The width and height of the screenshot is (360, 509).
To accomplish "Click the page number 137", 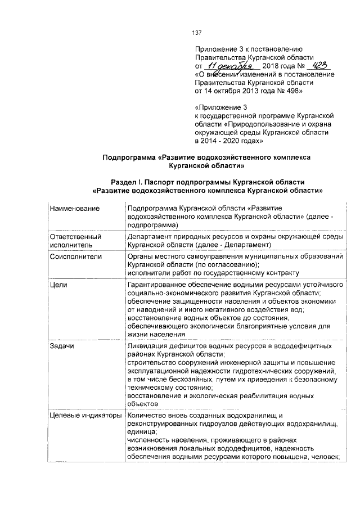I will (196, 33).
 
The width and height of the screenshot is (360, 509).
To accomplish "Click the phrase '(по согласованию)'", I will (227, 264).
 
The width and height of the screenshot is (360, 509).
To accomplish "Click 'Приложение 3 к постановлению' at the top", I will (249, 49).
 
